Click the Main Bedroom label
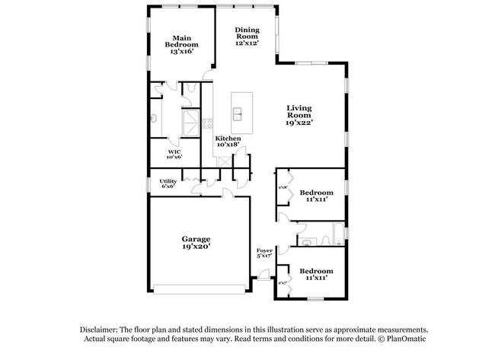pyautogui.click(x=181, y=45)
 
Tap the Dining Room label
pyautogui.click(x=247, y=37)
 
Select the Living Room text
pyautogui.click(x=300, y=114)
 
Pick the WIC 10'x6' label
pyautogui.click(x=174, y=154)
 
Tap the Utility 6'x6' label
pyautogui.click(x=168, y=183)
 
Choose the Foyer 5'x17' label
pyautogui.click(x=264, y=253)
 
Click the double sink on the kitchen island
pyautogui.click(x=237, y=114)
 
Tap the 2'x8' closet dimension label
pyautogui.click(x=282, y=187)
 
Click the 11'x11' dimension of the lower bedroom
pyautogui.click(x=316, y=279)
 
